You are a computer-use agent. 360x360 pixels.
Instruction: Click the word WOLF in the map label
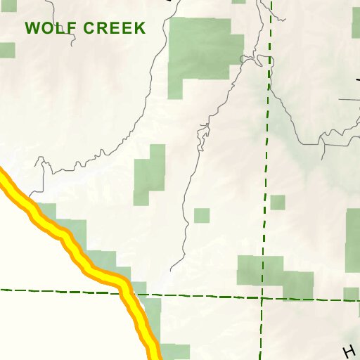click(49, 29)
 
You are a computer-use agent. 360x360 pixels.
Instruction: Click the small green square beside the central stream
click(202, 215)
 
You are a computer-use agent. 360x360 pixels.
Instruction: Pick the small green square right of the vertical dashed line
click(278, 202)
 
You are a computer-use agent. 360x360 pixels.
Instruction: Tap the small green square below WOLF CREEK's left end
click(7, 51)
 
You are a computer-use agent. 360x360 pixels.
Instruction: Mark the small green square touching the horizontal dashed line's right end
click(351, 293)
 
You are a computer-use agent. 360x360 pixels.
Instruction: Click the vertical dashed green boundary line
click(266, 155)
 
